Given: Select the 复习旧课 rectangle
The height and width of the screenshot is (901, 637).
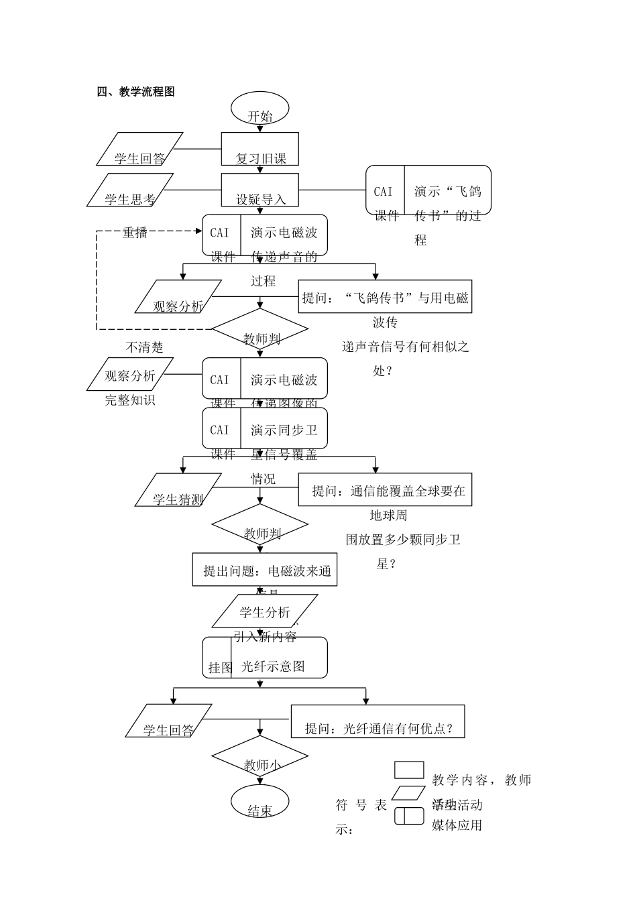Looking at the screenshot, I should pos(259,149).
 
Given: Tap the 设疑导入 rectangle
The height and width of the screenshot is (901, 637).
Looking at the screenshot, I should pos(259,190).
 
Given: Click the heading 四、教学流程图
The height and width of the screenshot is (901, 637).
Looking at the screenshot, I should pos(136,93).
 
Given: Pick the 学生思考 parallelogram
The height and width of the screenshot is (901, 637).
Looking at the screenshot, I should pos(130,190).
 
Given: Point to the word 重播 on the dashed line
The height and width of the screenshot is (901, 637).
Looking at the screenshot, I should pos(135,233).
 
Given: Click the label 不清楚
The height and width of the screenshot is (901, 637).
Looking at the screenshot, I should pos(144,347).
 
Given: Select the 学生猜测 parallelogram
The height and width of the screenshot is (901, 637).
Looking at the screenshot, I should pos(178,490).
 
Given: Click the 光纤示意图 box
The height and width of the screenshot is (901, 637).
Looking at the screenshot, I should pos(265,658).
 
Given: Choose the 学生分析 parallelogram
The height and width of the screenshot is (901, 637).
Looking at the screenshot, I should pos(264,611).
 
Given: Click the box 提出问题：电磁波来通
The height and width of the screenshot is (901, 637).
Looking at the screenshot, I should pos(265,570).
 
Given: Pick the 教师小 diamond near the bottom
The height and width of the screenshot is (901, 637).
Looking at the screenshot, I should pos(259,757).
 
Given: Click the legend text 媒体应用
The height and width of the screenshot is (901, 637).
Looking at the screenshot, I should pos(457,825).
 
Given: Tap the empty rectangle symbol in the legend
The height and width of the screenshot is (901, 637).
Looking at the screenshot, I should pos(408,770).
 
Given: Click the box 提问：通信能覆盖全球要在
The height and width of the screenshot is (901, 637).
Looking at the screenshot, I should pos(385,491).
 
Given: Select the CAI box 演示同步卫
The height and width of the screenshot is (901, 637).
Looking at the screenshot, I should pos(265,428).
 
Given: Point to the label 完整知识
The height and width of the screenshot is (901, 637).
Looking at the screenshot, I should pos(129,400).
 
